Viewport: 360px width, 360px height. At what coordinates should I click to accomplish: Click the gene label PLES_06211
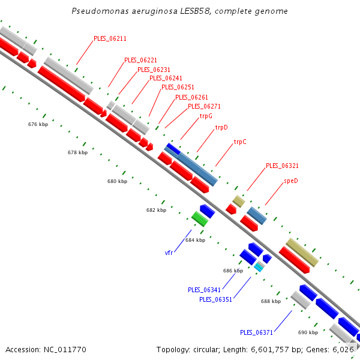tap(110, 38)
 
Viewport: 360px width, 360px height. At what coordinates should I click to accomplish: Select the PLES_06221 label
tap(140, 60)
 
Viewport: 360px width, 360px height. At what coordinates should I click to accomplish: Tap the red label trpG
tap(206, 116)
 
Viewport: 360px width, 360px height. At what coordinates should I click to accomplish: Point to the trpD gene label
tap(221, 127)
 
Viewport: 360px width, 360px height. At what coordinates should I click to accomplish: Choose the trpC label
tap(240, 142)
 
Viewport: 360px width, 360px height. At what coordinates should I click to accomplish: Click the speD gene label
tap(291, 181)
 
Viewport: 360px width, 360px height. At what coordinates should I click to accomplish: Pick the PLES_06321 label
tap(282, 166)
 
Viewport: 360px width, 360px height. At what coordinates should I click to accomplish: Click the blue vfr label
tap(169, 253)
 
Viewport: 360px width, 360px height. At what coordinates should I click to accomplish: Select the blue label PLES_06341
tap(204, 290)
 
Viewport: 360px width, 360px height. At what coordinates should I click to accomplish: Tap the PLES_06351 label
tap(215, 299)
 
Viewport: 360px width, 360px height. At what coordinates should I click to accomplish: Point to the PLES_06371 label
tap(256, 332)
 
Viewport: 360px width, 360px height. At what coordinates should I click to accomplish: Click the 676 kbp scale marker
tap(38, 124)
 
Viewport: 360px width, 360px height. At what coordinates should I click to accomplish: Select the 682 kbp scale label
tap(156, 210)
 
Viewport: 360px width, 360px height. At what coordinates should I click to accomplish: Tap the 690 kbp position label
tap(308, 332)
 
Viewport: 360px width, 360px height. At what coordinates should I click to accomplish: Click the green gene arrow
tap(200, 218)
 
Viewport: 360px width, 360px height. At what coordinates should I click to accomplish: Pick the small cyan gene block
tap(259, 266)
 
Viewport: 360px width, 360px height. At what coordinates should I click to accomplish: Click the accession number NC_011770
tap(66, 349)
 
